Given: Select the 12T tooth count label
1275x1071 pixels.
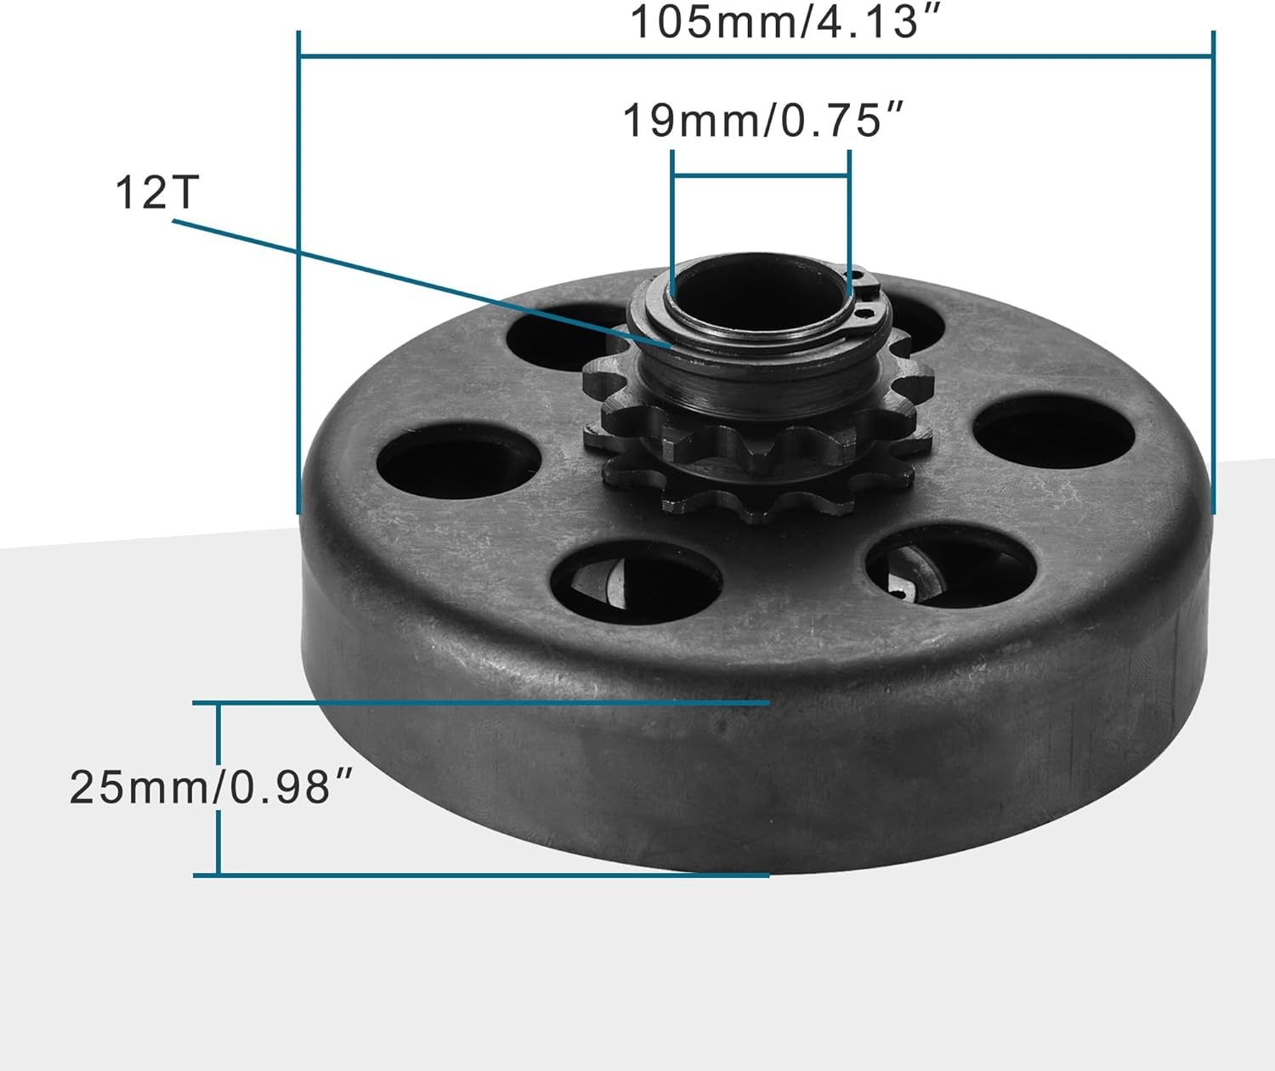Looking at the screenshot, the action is click(157, 193).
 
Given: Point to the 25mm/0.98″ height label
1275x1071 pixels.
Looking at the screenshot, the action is click(211, 787).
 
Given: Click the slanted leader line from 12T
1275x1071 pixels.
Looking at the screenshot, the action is click(422, 283).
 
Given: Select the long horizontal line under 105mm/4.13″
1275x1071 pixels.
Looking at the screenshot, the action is click(756, 56).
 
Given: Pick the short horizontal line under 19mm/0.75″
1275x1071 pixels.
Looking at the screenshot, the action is click(761, 177).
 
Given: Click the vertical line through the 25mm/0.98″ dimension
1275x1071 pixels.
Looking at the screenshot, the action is click(218, 790).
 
